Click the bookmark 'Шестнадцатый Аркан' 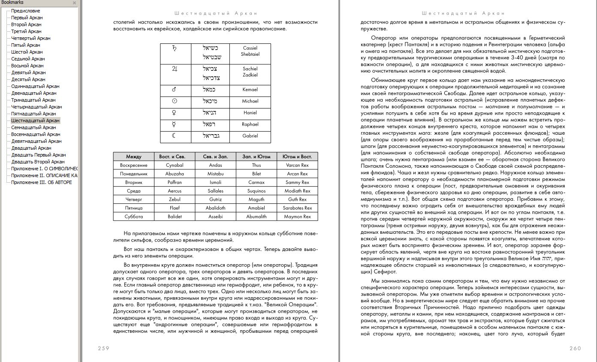(x=35, y=121)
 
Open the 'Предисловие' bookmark (x=25, y=11)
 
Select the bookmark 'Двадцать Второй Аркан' (x=38, y=162)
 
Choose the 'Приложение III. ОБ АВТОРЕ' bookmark (x=41, y=182)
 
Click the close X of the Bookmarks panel (x=74, y=3)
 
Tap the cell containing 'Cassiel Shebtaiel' (x=250, y=51)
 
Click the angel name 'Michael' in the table (x=250, y=101)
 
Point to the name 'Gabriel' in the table (x=250, y=136)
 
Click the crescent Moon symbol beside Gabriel (x=175, y=136)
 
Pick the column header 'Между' (x=134, y=157)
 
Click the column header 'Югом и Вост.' (x=297, y=157)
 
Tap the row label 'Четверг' (x=134, y=199)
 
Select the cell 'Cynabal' (x=175, y=165)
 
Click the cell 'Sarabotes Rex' (x=297, y=208)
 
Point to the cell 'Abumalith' (x=256, y=217)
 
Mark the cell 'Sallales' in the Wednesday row (x=216, y=191)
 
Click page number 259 (x=103, y=348)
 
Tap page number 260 (x=575, y=348)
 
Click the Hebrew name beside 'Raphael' (x=211, y=124)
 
